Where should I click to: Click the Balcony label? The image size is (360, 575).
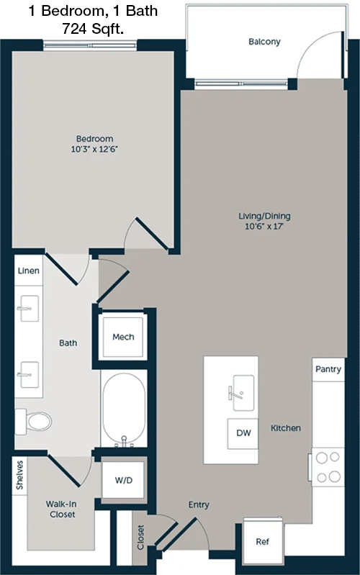click(264, 42)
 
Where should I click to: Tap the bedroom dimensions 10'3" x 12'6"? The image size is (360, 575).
click(94, 149)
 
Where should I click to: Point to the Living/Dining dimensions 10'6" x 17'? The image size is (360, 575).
click(264, 226)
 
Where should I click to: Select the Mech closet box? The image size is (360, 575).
click(123, 337)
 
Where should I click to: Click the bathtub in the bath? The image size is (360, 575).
click(124, 409)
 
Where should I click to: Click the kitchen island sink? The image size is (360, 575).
click(241, 392)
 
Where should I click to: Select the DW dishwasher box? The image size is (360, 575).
click(243, 433)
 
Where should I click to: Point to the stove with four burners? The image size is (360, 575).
click(328, 467)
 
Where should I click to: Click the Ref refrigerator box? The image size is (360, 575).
click(263, 541)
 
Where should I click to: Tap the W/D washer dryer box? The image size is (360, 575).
click(123, 480)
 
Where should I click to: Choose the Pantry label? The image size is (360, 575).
click(328, 369)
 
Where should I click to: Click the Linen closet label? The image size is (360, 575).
click(29, 271)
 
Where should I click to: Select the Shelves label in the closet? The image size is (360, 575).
click(19, 475)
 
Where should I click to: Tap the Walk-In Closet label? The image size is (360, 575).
click(61, 509)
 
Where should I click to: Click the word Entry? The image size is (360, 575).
click(199, 505)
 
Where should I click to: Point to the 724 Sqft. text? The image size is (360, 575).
click(93, 29)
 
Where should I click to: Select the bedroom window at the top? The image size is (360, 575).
click(90, 45)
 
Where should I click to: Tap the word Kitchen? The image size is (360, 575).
click(286, 428)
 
